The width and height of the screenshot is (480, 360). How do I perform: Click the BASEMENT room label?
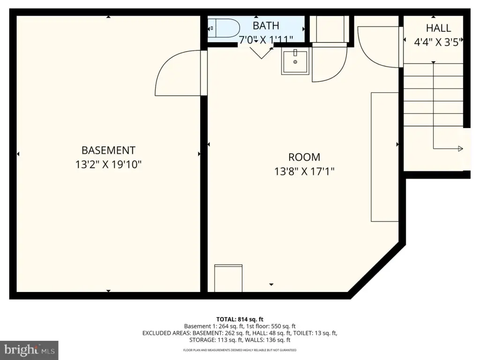click(108, 150)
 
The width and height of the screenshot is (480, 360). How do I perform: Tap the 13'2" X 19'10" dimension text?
click(108, 165)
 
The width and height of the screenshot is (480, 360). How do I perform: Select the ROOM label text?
click(304, 157)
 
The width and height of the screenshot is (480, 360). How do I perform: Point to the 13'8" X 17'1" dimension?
click(304, 172)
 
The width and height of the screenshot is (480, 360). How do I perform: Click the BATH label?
click(266, 26)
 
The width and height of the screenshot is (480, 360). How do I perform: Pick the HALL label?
click(438, 28)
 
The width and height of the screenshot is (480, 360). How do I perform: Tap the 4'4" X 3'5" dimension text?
click(437, 42)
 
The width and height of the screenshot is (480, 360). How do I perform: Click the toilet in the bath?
click(224, 28)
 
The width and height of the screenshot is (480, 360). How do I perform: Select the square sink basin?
click(295, 62)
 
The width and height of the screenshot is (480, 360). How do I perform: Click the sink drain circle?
click(295, 62)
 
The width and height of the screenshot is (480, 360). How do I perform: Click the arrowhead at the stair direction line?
click(460, 149)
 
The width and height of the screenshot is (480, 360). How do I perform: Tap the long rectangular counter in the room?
click(385, 157)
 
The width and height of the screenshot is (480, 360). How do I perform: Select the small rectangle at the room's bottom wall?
click(228, 278)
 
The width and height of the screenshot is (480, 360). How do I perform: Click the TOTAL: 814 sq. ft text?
click(240, 319)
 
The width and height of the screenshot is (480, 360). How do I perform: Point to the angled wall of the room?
click(376, 270)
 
